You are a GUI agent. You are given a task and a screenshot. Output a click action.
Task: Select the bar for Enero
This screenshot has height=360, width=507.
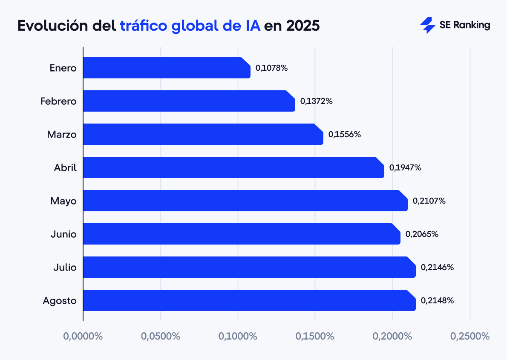pyautogui.click(x=166, y=68)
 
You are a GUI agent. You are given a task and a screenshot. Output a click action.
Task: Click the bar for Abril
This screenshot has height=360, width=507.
pyautogui.click(x=233, y=167)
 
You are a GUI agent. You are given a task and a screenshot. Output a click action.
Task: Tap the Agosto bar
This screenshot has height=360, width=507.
pyautogui.click(x=249, y=300)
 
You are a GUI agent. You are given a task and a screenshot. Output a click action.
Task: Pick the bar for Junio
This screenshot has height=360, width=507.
pyautogui.click(x=242, y=234)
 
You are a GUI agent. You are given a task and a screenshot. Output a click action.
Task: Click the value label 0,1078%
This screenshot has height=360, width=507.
pyautogui.click(x=271, y=68)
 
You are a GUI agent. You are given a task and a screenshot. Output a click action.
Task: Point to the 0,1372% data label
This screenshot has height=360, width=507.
pyautogui.click(x=316, y=101)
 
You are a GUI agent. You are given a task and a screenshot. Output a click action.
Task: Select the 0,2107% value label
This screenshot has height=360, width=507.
pyautogui.click(x=429, y=201)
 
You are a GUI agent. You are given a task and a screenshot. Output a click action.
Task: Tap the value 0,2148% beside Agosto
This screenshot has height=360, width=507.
pyautogui.click(x=437, y=300)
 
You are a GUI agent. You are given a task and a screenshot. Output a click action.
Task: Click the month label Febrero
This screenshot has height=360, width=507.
pyautogui.click(x=58, y=101)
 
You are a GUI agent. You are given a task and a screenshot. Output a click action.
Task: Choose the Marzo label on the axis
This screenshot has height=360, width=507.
pyautogui.click(x=62, y=135)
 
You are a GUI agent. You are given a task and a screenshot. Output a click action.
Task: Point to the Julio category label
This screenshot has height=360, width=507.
pyautogui.click(x=65, y=268)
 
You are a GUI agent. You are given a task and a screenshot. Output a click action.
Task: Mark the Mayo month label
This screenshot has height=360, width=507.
pyautogui.click(x=63, y=201)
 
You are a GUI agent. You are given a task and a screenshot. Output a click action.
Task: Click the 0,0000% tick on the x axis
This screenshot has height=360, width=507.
pyautogui.click(x=83, y=336)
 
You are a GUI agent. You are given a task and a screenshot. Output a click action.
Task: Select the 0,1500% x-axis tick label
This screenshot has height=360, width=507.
pyautogui.click(x=315, y=336)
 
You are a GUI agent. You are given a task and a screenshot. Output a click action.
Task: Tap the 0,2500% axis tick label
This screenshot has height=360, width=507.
pyautogui.click(x=470, y=336)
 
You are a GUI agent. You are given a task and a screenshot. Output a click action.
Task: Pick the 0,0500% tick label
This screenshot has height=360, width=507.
pyautogui.click(x=161, y=336)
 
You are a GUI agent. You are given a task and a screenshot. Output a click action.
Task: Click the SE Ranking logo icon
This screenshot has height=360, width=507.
pyautogui.click(x=427, y=26)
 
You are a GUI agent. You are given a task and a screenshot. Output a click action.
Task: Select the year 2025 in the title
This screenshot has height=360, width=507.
pyautogui.click(x=302, y=26)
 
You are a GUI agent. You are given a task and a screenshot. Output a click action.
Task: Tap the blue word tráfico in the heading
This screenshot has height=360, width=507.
pyautogui.click(x=143, y=26)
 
